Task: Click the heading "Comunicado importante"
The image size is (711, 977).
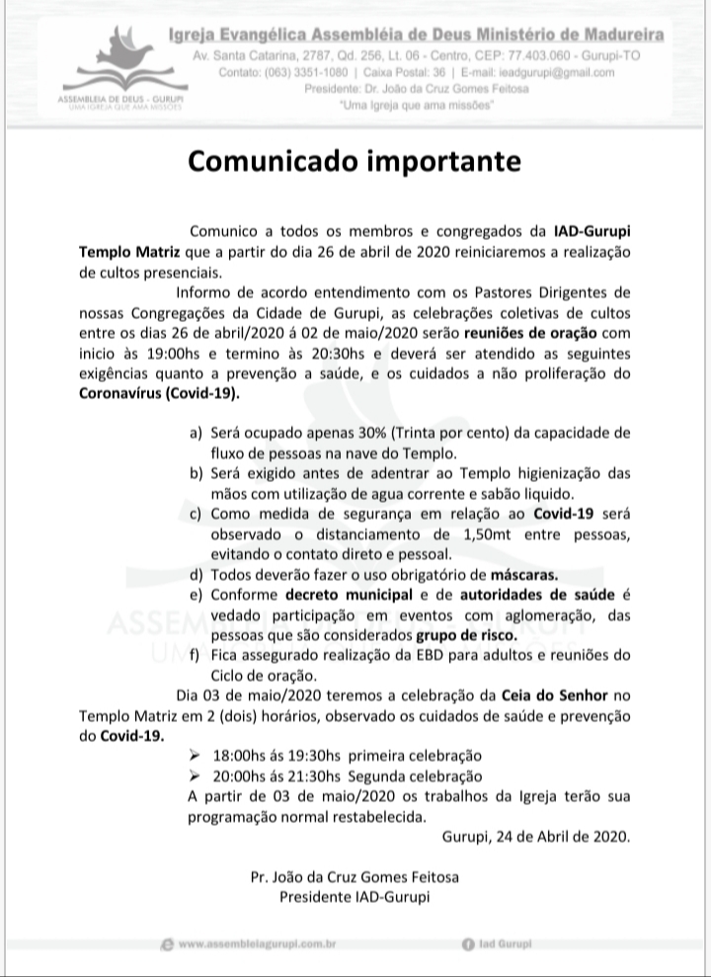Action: [355, 160]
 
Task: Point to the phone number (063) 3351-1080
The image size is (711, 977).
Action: [300, 72]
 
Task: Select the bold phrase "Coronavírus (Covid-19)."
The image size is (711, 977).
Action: [159, 393]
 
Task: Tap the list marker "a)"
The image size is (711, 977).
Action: [195, 435]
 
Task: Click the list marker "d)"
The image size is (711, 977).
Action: [195, 574]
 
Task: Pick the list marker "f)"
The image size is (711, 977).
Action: [195, 655]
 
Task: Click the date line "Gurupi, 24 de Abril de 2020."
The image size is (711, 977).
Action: [534, 836]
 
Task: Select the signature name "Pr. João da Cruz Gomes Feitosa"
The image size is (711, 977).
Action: [355, 877]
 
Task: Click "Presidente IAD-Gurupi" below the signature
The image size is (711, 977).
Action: [355, 897]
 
